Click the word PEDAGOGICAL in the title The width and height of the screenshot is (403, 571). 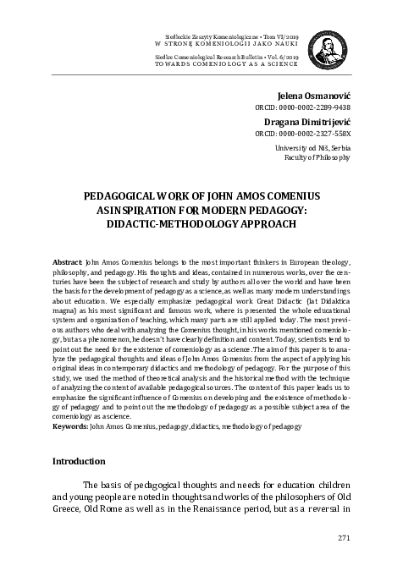(122, 195)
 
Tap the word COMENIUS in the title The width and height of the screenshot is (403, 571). (289, 195)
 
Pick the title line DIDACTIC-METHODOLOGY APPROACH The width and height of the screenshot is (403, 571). (201, 225)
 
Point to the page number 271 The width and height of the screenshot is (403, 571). (343, 538)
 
